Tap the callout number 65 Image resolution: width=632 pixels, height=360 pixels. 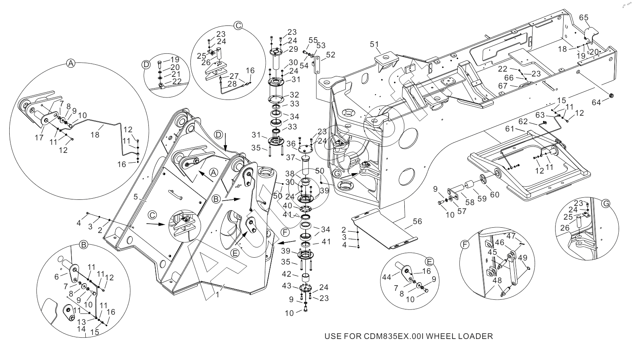point(584,17)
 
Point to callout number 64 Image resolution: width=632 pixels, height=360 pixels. point(596,103)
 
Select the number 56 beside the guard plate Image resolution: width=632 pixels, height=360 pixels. point(418,222)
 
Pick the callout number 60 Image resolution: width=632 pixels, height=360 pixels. point(495,195)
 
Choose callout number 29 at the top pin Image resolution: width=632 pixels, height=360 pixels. point(293,49)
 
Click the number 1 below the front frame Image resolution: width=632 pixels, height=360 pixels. point(218,295)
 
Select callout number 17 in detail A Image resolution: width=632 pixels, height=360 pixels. point(39,138)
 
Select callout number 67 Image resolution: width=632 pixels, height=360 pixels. point(503,86)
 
